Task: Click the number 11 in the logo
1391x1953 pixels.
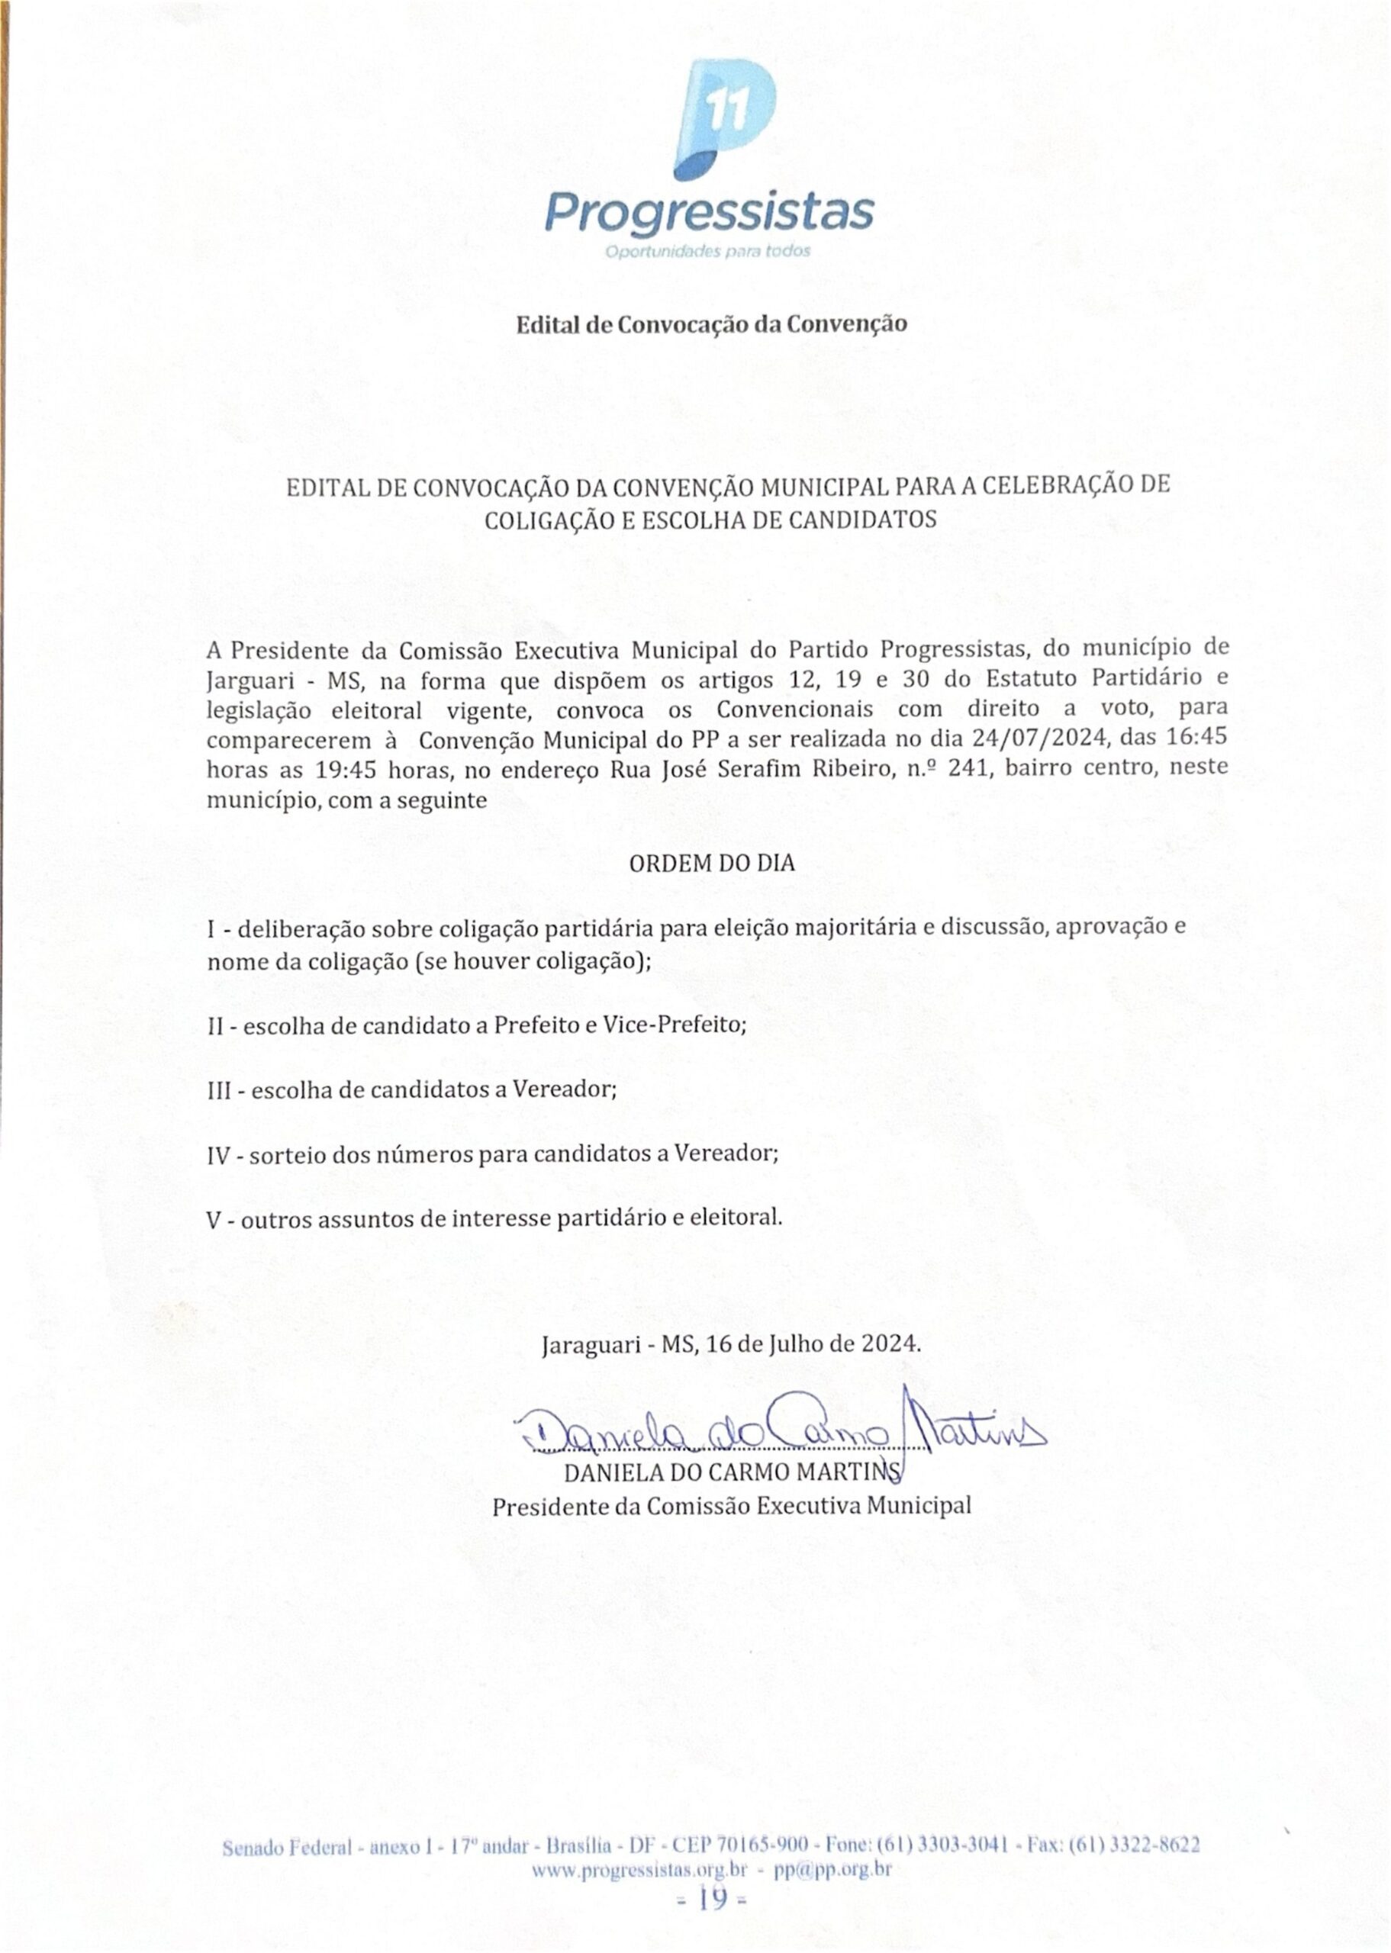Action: point(727,112)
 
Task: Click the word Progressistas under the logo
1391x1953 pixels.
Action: point(709,211)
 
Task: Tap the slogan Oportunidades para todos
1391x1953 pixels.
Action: point(707,252)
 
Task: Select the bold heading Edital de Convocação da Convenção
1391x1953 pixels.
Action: point(710,324)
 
